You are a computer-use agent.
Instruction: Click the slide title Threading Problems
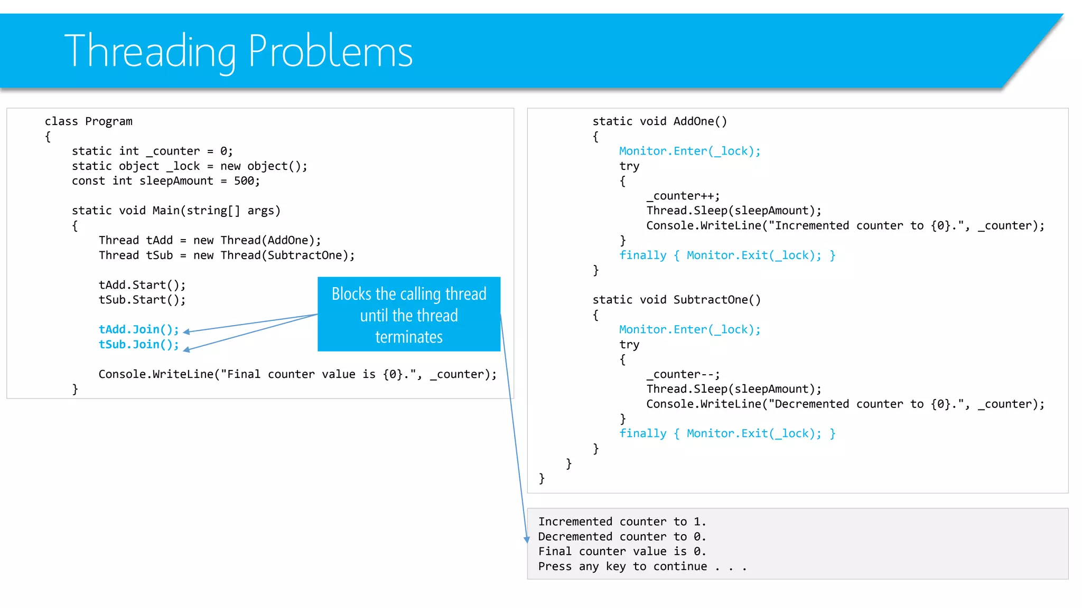(x=238, y=51)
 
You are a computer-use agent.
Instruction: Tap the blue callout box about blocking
(x=408, y=315)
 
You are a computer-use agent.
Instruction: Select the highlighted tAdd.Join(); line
(x=139, y=329)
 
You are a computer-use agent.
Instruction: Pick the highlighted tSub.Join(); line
(x=139, y=345)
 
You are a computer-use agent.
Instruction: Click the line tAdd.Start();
(x=142, y=285)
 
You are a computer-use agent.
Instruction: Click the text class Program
(x=88, y=121)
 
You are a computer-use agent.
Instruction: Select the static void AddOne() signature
(x=659, y=121)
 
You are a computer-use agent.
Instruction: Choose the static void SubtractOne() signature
(x=676, y=300)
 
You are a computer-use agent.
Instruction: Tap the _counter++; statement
(x=683, y=196)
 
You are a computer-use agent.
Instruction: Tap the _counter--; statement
(x=683, y=374)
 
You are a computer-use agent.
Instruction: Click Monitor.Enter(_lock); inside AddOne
(x=689, y=151)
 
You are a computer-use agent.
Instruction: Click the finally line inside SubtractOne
(x=727, y=434)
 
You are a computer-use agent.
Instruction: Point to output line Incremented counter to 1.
(x=622, y=522)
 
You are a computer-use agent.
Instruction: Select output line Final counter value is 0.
(x=622, y=552)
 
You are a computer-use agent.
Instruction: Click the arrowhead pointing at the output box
(x=526, y=539)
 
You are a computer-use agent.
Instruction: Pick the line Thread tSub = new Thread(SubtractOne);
(x=227, y=255)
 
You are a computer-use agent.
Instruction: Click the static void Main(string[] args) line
(x=176, y=211)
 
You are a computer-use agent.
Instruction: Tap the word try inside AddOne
(x=629, y=166)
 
